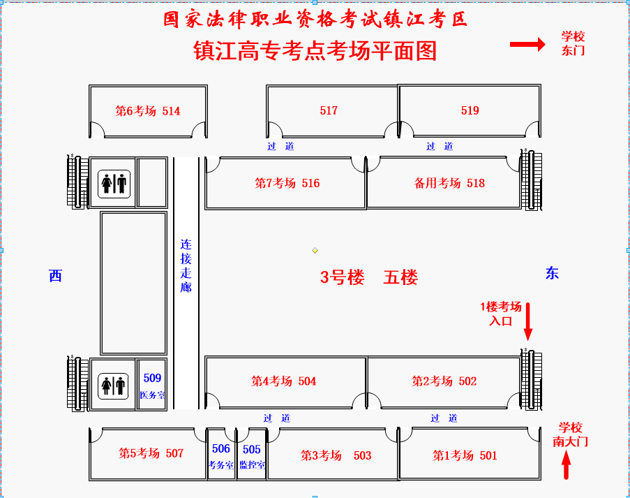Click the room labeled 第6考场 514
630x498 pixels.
tap(148, 111)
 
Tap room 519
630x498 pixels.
tap(470, 110)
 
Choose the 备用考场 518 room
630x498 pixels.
tap(444, 182)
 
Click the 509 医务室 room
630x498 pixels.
tap(152, 384)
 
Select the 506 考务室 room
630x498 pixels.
tap(221, 454)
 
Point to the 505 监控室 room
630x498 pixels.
tap(252, 454)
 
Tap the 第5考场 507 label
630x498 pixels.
tap(151, 453)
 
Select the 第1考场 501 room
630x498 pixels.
tap(470, 454)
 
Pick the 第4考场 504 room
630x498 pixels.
tap(285, 382)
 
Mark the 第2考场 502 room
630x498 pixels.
tap(444, 382)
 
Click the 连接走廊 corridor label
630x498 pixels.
tap(186, 265)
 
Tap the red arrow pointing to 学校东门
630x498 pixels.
tap(527, 44)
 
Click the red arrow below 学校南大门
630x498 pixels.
tap(566, 465)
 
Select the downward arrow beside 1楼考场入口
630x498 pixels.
tap(528, 322)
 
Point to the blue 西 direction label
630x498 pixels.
tap(55, 276)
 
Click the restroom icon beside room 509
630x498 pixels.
tap(113, 386)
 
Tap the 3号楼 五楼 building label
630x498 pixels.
tap(369, 277)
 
